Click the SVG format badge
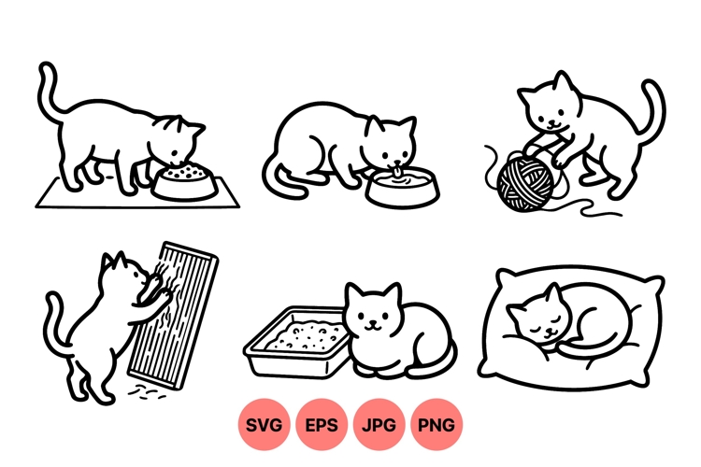tap(265, 425)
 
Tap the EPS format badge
tap(322, 425)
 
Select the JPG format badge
tap(379, 425)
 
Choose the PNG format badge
tap(436, 425)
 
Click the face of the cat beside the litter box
tap(372, 318)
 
